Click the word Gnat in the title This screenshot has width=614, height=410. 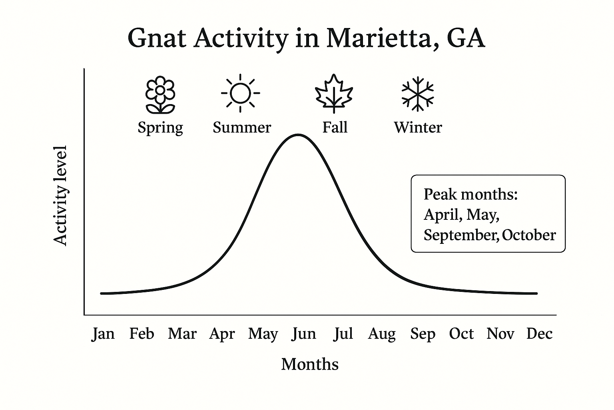coord(157,38)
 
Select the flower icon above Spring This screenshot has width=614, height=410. coord(160,94)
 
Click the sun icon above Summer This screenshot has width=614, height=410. coord(240,93)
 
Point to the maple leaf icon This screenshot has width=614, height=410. coord(334,94)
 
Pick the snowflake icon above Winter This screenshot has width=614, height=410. coord(417,94)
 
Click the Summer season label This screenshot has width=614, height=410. coord(242,127)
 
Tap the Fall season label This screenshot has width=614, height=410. coord(335,127)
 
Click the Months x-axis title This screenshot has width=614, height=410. coord(310,364)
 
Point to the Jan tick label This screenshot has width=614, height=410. coord(103,334)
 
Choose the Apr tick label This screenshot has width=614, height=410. coord(222,334)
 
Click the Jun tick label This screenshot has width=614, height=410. coord(304,334)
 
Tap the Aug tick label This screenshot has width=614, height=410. coord(382,334)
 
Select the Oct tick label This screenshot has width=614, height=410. coord(461,334)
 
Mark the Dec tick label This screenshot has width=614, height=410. coord(539,334)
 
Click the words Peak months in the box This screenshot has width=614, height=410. coord(470,194)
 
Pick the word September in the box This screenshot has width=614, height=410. coord(461,235)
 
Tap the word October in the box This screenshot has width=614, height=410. coord(529,235)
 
